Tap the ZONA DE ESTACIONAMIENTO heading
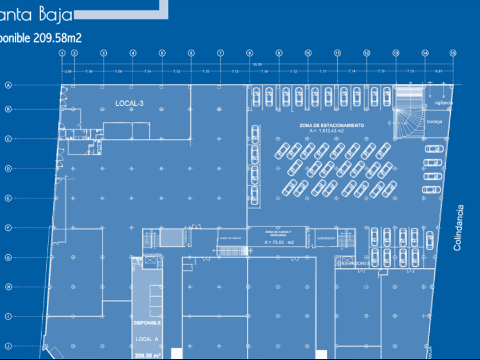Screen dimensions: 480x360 (331, 125)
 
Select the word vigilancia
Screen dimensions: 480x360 (443, 102)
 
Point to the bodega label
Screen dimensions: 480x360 (435, 121)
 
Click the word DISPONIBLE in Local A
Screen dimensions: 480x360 (147, 323)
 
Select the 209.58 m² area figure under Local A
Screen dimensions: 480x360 (147, 355)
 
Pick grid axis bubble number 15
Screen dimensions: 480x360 (453, 53)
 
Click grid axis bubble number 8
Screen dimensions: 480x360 (249, 53)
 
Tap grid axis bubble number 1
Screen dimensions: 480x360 (61, 53)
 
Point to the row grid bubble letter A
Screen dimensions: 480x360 (9, 86)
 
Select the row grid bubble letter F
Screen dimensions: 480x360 (9, 227)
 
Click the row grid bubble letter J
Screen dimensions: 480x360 (9, 346)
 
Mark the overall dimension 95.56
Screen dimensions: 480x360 (257, 64)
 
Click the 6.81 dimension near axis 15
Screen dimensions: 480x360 (439, 71)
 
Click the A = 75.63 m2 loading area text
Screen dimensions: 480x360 (279, 242)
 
